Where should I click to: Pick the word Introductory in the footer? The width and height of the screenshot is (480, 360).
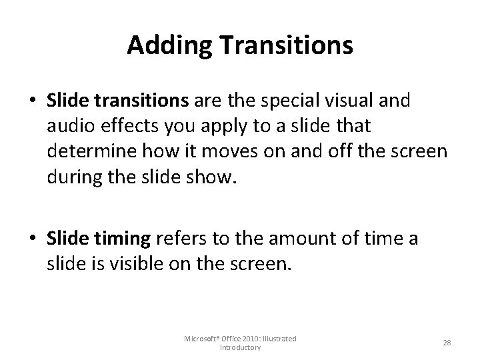point(241,348)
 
